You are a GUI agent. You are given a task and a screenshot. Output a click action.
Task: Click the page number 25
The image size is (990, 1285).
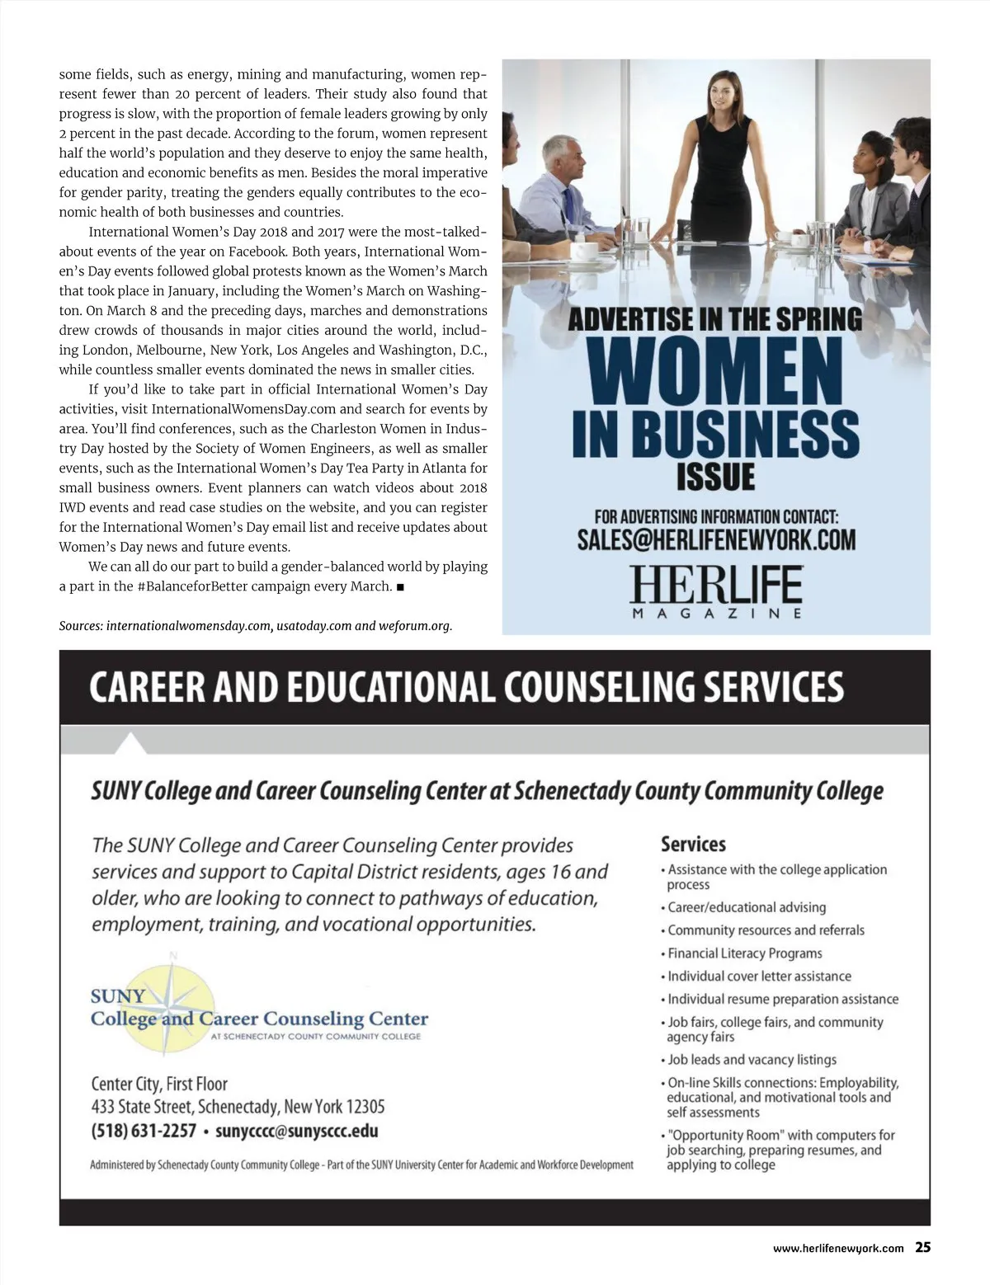(x=922, y=1248)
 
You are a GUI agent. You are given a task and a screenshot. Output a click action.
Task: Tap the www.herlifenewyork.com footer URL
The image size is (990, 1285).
(x=837, y=1249)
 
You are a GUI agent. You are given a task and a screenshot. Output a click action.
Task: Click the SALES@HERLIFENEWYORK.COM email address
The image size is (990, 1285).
(x=716, y=540)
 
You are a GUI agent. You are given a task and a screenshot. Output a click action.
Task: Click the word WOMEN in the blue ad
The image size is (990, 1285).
(x=716, y=372)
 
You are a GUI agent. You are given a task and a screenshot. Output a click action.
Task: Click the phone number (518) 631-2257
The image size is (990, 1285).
(x=144, y=1131)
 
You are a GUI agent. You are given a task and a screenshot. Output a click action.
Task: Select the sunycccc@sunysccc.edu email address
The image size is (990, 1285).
(x=297, y=1131)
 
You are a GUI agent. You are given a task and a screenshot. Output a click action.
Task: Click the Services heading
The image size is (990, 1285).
(x=693, y=845)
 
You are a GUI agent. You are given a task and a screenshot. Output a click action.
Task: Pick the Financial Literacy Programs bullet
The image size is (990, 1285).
(x=745, y=953)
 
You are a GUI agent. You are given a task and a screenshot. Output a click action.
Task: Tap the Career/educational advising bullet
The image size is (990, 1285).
(x=747, y=907)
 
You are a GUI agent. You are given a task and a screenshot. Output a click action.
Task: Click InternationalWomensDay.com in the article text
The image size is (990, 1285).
(x=244, y=409)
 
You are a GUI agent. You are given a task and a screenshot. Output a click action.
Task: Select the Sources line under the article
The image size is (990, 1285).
(x=256, y=626)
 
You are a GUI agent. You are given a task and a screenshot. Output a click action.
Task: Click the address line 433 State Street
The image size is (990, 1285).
(x=238, y=1107)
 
